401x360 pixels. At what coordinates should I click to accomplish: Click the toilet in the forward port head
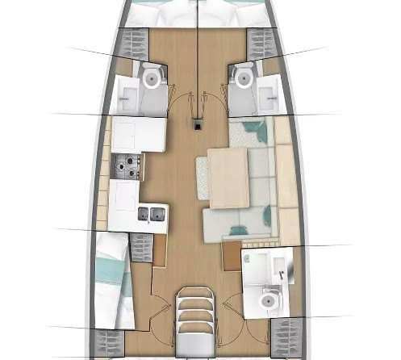pyautogui.click(x=151, y=78)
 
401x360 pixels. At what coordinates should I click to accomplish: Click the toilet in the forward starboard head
pyautogui.click(x=243, y=78)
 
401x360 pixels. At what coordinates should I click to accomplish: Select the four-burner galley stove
pyautogui.click(x=127, y=167)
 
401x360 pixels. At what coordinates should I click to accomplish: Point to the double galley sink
pyautogui.click(x=151, y=214)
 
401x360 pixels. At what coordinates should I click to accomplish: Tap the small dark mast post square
pyautogui.click(x=197, y=124)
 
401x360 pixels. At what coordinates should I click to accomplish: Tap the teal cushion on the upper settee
pyautogui.click(x=257, y=128)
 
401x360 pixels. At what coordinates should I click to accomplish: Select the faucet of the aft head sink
pyautogui.click(x=282, y=273)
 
